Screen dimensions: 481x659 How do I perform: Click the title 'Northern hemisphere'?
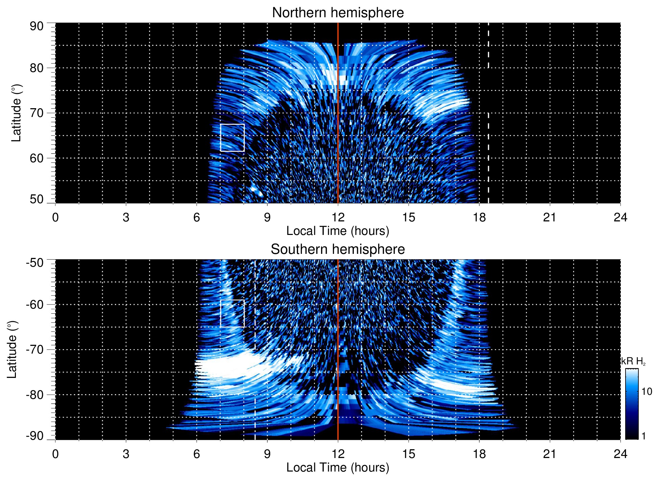click(338, 13)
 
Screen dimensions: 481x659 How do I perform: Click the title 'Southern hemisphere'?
click(338, 249)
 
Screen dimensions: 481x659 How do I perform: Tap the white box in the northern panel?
click(232, 138)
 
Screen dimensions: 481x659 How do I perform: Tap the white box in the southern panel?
click(232, 313)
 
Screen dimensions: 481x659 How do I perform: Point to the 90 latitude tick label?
click(36, 26)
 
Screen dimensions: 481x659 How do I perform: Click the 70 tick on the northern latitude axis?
click(36, 113)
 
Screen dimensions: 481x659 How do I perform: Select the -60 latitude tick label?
click(35, 304)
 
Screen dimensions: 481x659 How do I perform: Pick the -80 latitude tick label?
click(35, 394)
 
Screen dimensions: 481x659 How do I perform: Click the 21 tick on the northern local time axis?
click(550, 217)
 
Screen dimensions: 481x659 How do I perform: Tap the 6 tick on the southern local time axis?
click(196, 454)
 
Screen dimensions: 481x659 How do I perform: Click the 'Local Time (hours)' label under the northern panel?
click(338, 231)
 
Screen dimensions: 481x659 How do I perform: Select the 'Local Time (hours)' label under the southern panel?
click(338, 468)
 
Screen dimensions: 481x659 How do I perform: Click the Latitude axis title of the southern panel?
click(12, 350)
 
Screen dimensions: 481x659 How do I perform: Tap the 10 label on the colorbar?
click(646, 392)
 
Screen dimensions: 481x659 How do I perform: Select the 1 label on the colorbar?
click(643, 436)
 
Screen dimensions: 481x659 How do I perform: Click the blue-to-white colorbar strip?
click(632, 404)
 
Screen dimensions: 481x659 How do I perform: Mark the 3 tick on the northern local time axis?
click(126, 217)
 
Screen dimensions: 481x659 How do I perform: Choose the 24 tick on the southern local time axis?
click(620, 454)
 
